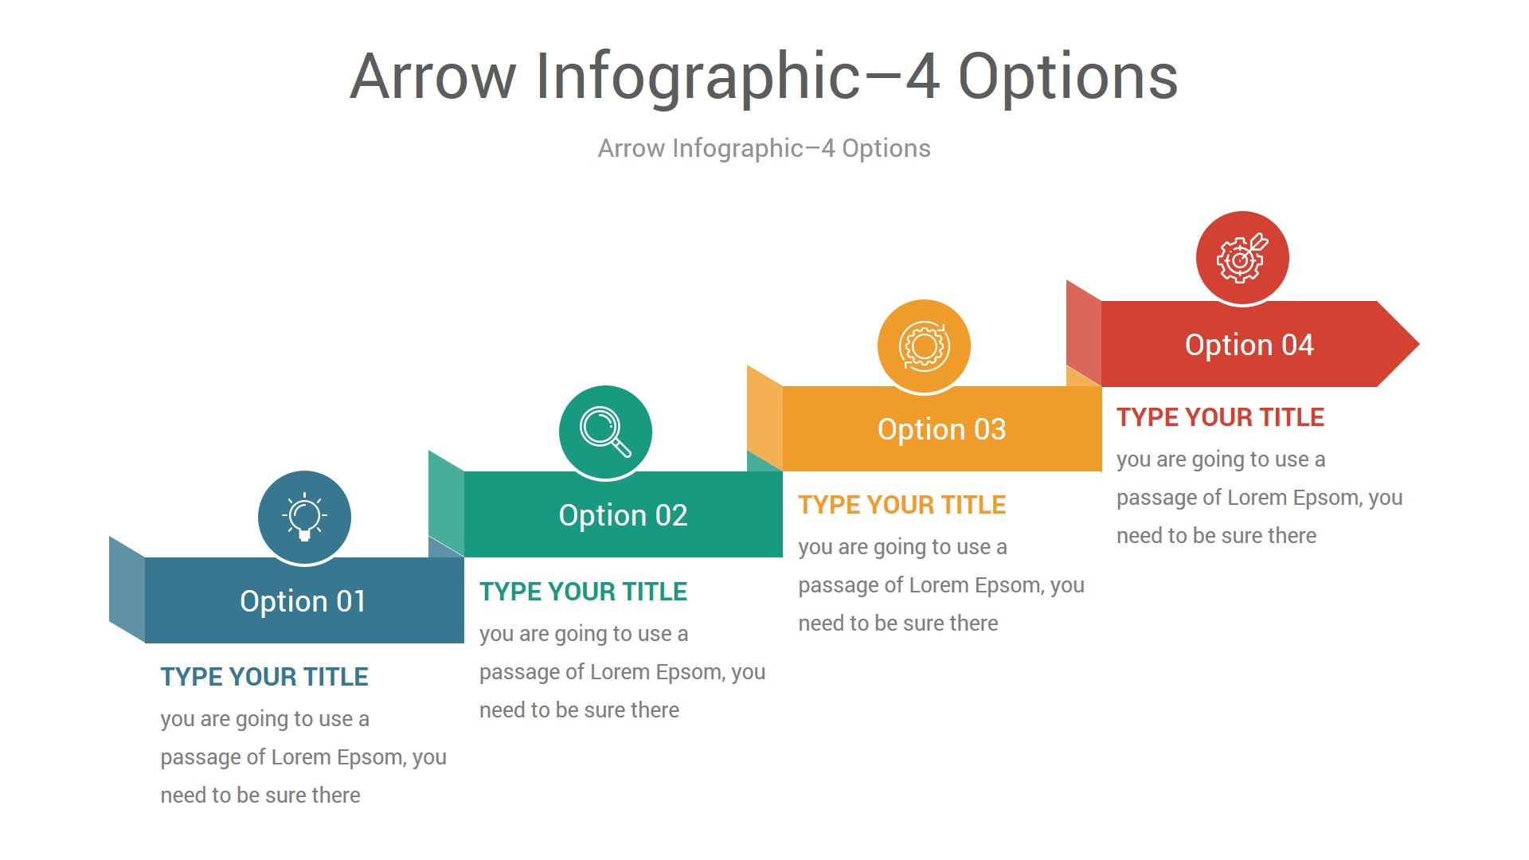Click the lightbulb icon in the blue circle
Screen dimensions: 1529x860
coord(304,517)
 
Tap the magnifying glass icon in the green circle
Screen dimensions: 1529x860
coord(605,432)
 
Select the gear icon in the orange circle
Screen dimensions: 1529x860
coord(924,346)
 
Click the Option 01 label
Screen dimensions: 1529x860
coord(303,601)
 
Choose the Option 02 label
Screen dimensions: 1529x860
coord(623,515)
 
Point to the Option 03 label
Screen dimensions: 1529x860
coord(941,429)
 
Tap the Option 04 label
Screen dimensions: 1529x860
coord(1249,345)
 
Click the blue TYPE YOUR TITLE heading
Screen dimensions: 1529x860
coord(264,677)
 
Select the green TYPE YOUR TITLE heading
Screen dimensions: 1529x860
coord(583,592)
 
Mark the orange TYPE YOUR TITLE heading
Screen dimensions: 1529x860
coord(902,505)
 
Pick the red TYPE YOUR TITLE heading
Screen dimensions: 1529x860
coord(1220,417)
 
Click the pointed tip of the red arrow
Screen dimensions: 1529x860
coord(1418,344)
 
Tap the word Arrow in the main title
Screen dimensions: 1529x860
coord(433,76)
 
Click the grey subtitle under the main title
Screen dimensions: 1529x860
coord(764,148)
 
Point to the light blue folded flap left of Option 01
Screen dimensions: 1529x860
coord(127,590)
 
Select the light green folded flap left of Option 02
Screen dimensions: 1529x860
coord(447,504)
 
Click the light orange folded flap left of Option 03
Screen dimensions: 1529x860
coord(765,418)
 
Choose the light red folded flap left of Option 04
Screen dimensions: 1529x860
coord(1084,333)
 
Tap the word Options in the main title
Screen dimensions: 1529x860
coord(1068,76)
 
